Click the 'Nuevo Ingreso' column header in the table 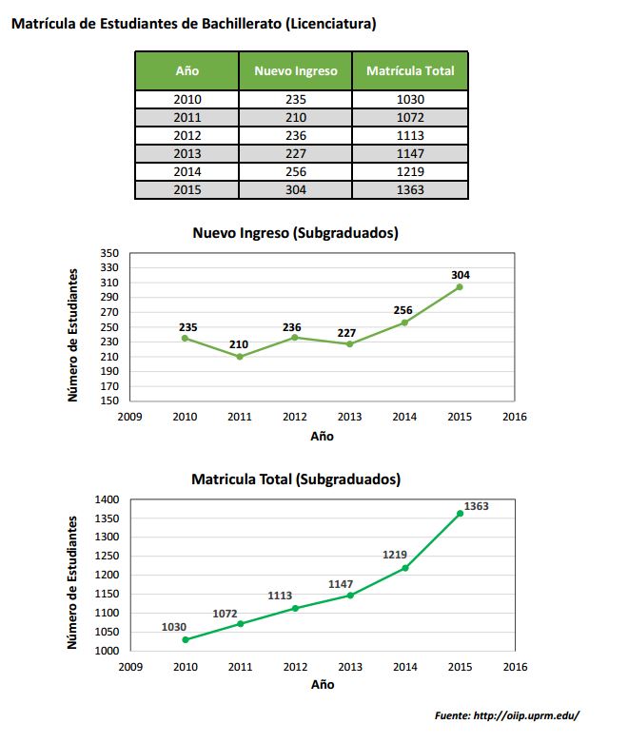[296, 71]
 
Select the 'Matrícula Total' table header [410, 71]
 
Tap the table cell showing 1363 [410, 190]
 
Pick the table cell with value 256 [296, 172]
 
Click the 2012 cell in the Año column [187, 136]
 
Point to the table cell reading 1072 [410, 118]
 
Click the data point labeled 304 [460, 287]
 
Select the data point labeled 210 [240, 357]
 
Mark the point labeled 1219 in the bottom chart [405, 568]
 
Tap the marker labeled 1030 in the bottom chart [186, 639]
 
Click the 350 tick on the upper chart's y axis [109, 253]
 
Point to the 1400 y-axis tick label [108, 499]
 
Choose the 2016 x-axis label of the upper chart [515, 417]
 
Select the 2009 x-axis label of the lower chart [130, 667]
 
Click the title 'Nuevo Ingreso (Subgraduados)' [296, 233]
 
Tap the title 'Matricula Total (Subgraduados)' [296, 479]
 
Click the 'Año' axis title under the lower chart [323, 685]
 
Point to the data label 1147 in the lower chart [341, 585]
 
